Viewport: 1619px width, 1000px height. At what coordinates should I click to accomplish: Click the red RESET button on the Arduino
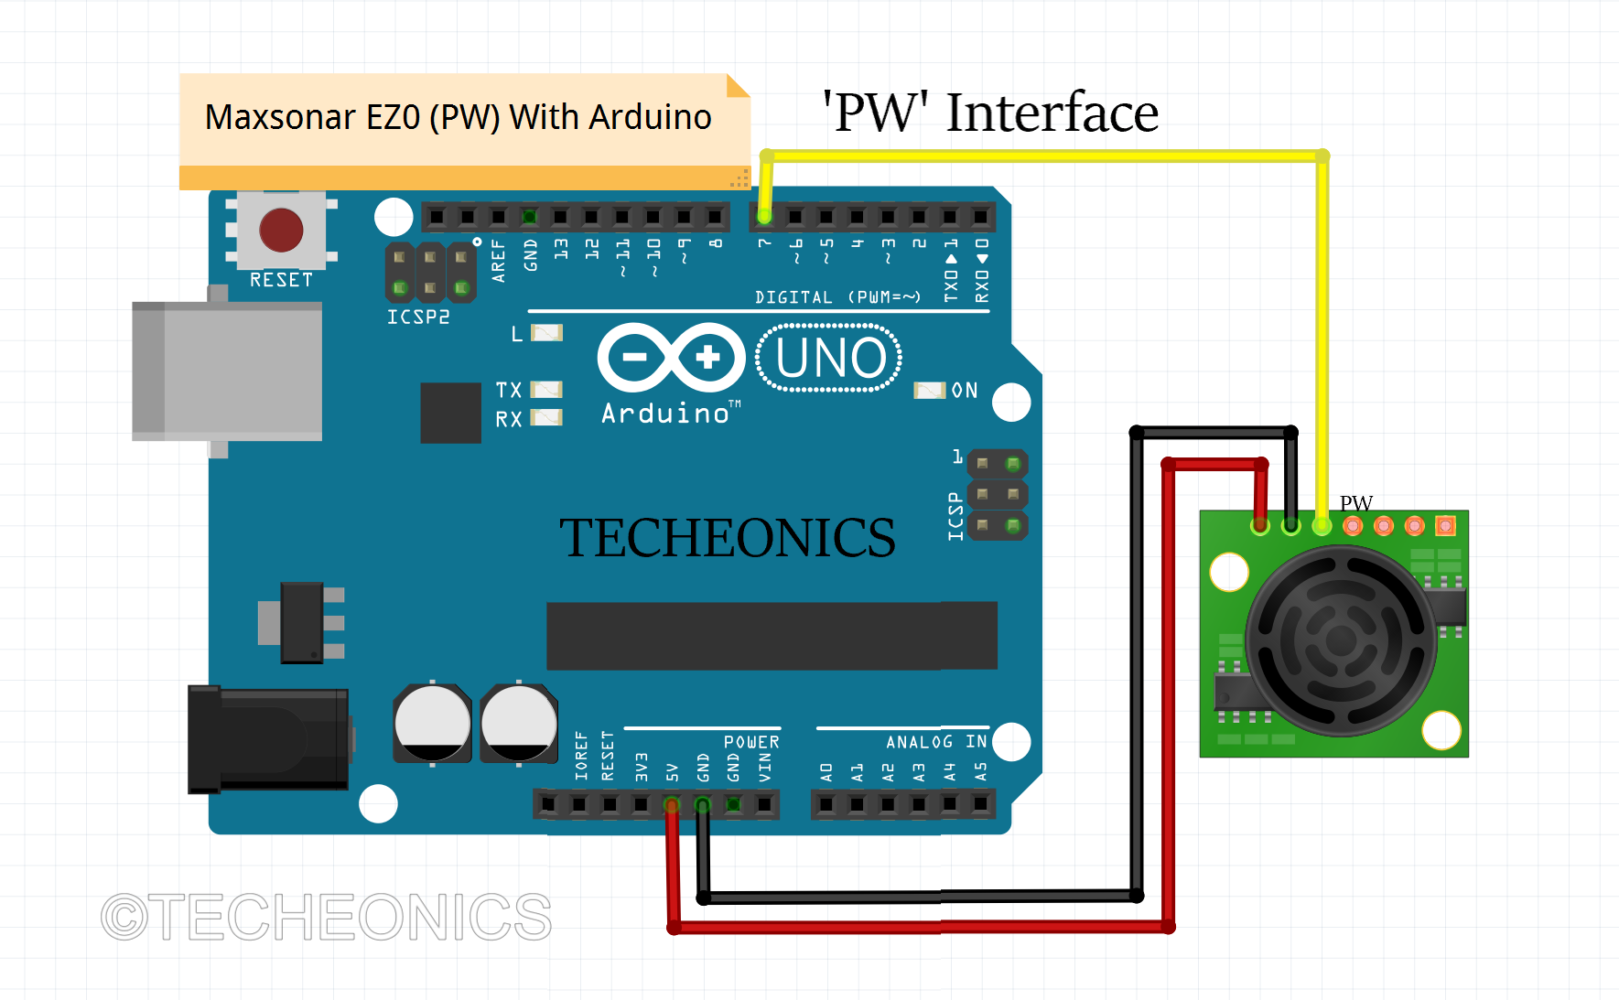pyautogui.click(x=281, y=230)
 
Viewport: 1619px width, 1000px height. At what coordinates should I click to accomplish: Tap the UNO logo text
pyautogui.click(x=830, y=358)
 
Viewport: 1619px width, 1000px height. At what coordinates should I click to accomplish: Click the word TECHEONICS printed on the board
pyautogui.click(x=727, y=537)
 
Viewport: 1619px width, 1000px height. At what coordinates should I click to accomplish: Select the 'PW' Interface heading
pyautogui.click(x=990, y=113)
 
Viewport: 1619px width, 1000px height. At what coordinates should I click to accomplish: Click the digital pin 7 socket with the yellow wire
pyautogui.click(x=765, y=217)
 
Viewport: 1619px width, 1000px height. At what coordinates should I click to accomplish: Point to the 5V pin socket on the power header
pyautogui.click(x=672, y=805)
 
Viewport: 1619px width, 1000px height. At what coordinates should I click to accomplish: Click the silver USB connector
pyautogui.click(x=227, y=371)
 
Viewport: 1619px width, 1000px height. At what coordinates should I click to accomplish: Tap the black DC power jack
pyautogui.click(x=268, y=739)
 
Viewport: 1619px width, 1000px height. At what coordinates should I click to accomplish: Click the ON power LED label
pyautogui.click(x=965, y=391)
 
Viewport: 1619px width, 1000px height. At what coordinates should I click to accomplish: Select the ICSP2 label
pyautogui.click(x=418, y=317)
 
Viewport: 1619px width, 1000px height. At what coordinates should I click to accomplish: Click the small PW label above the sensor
pyautogui.click(x=1355, y=503)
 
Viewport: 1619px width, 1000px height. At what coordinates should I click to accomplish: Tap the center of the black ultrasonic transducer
pyautogui.click(x=1341, y=640)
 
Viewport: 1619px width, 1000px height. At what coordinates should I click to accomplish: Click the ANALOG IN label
pyautogui.click(x=935, y=742)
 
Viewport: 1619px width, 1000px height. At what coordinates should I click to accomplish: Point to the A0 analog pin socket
pyautogui.click(x=826, y=805)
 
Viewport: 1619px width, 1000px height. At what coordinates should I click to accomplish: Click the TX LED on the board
pyautogui.click(x=546, y=390)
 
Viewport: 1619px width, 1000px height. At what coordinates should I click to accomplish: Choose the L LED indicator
pyautogui.click(x=546, y=333)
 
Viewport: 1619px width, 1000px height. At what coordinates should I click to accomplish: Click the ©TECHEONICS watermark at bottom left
pyautogui.click(x=327, y=917)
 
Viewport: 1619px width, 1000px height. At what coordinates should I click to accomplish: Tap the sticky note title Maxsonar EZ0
pyautogui.click(x=458, y=117)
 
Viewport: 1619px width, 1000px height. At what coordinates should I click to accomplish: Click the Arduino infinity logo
pyautogui.click(x=671, y=358)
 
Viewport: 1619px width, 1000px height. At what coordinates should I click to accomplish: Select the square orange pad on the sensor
pyautogui.click(x=1445, y=525)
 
